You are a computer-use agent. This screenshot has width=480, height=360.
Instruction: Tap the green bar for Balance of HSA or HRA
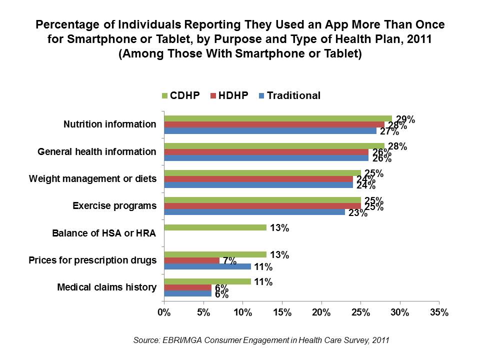215,227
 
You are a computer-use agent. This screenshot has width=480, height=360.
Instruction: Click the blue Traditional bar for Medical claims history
187,294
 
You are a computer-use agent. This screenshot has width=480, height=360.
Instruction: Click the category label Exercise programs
114,205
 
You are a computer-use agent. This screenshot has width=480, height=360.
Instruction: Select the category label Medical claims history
107,287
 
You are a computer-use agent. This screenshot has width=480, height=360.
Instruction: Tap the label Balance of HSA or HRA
104,233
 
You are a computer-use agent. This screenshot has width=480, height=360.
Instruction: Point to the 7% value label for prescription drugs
229,260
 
